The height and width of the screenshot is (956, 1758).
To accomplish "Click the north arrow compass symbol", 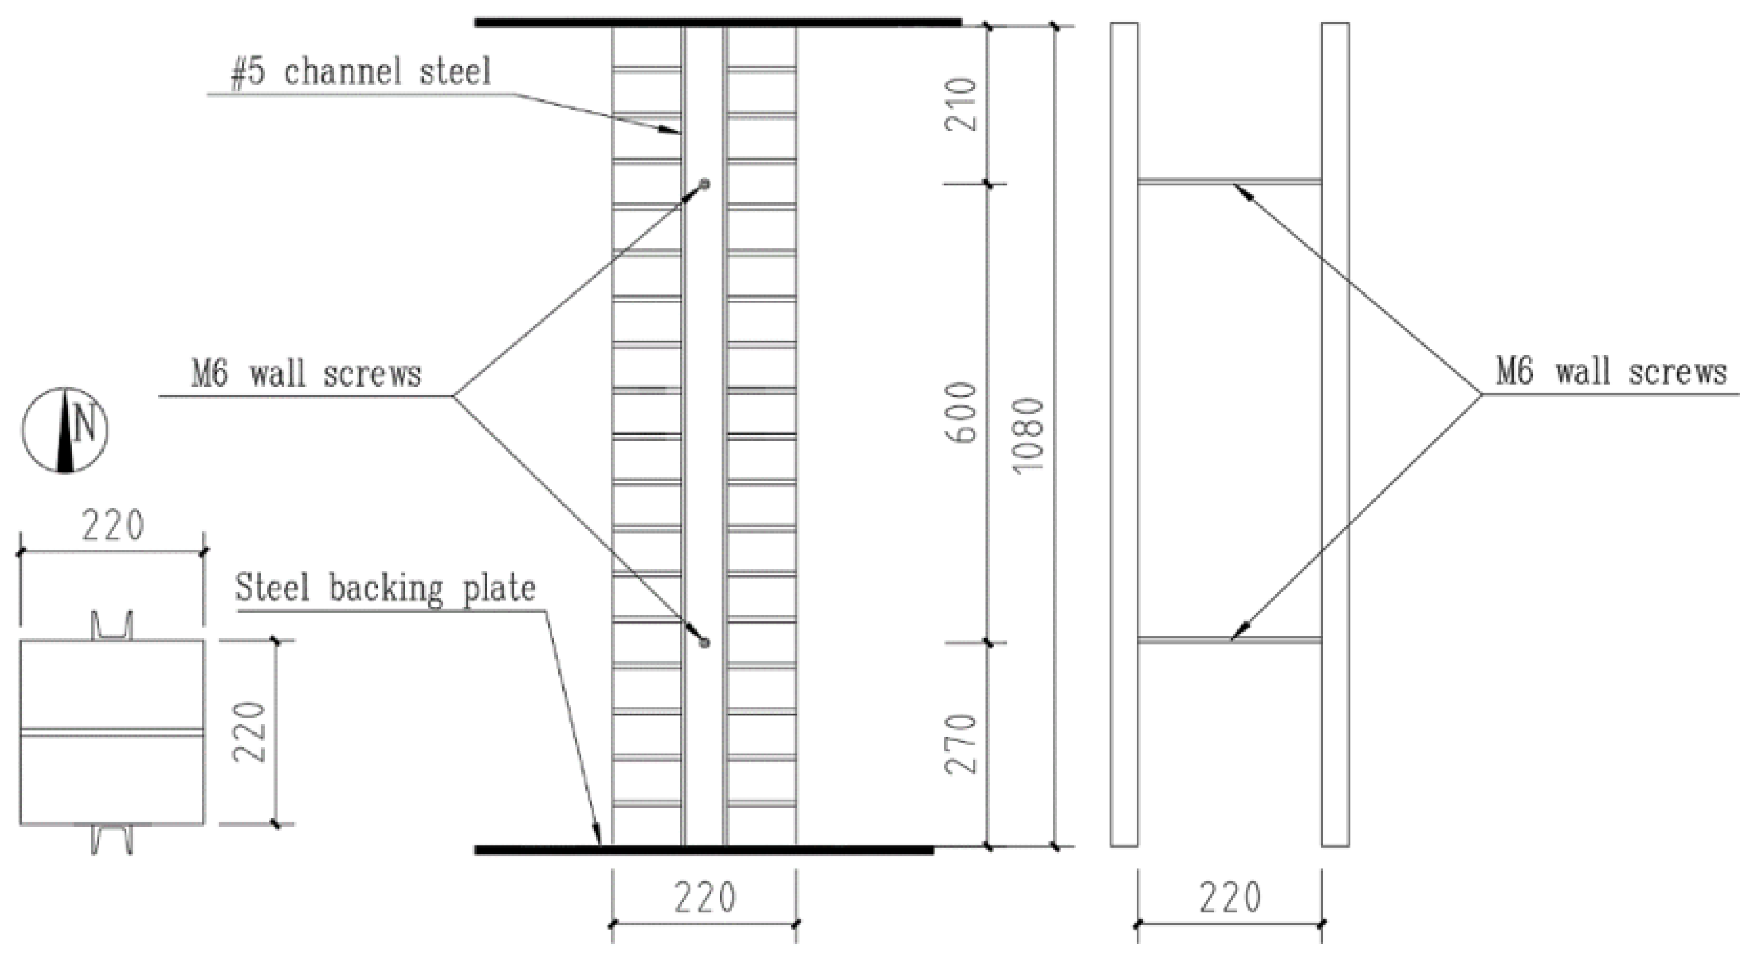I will pyautogui.click(x=65, y=430).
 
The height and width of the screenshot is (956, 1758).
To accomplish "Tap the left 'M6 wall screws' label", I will pyautogui.click(x=307, y=375).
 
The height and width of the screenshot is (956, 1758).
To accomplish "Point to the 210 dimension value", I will pyautogui.click(x=961, y=104).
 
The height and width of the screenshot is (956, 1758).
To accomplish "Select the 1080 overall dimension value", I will pyautogui.click(x=1028, y=435).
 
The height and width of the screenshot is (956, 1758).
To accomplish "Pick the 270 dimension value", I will pyautogui.click(x=961, y=744).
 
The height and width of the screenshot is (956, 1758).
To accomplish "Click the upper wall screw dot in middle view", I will pyautogui.click(x=705, y=184).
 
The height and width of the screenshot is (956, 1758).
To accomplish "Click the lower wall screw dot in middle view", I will pyautogui.click(x=705, y=643).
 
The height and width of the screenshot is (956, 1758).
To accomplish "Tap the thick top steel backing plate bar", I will pyautogui.click(x=717, y=22).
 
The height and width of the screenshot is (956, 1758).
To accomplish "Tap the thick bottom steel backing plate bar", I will pyautogui.click(x=704, y=850).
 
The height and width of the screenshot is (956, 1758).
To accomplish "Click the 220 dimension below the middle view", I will pyautogui.click(x=705, y=898).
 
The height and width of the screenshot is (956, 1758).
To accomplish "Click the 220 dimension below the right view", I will pyautogui.click(x=1230, y=898).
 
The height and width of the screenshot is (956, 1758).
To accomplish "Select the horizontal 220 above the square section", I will pyautogui.click(x=112, y=526).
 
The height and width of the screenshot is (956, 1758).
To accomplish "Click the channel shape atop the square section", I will pyautogui.click(x=112, y=626).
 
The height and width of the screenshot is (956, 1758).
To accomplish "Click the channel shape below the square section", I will pyautogui.click(x=112, y=840).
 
